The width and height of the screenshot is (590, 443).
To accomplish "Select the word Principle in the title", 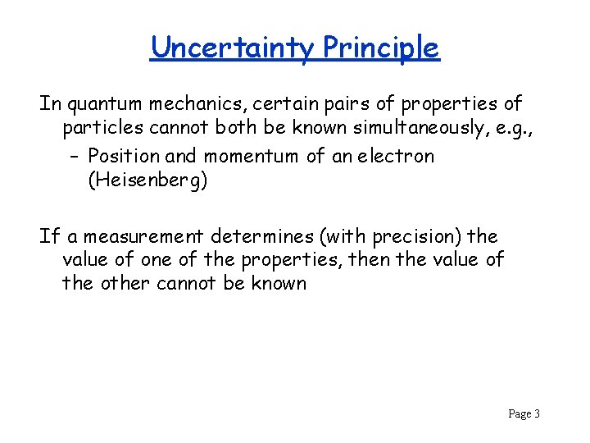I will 381,48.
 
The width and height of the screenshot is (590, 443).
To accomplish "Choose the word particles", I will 99,130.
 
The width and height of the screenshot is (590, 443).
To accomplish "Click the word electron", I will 395,156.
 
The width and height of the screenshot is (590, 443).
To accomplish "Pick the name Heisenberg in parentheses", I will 148,180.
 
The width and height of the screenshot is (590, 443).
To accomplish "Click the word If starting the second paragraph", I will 49,236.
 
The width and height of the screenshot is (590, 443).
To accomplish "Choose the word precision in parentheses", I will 416,236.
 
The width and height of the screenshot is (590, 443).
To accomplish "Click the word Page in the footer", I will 519,413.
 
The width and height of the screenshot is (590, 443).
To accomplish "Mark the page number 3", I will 537,413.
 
